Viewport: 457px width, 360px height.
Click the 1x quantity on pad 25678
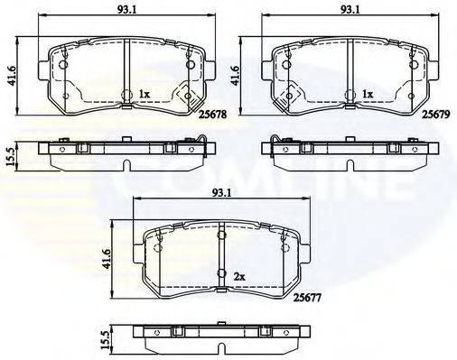tap(145, 93)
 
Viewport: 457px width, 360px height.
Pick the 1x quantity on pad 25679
tap(367, 93)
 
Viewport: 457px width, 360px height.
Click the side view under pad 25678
tap(126, 153)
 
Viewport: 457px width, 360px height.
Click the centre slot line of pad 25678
tap(126, 77)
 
